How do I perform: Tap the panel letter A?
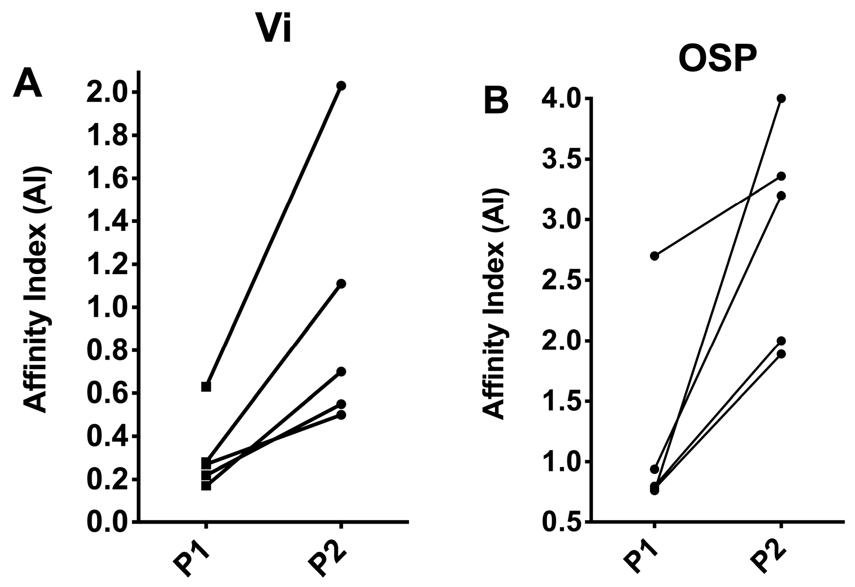[x=27, y=83]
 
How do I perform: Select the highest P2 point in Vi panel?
[x=341, y=85]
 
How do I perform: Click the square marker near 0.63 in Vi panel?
[x=206, y=386]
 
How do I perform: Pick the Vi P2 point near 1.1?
[x=341, y=284]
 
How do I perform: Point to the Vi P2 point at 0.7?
[x=341, y=371]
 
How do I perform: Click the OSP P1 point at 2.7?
[x=654, y=256]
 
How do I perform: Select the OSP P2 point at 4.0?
[x=781, y=98]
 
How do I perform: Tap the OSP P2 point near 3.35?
[x=781, y=176]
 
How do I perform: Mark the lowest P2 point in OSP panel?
[x=781, y=354]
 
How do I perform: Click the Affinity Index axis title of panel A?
[x=37, y=290]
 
